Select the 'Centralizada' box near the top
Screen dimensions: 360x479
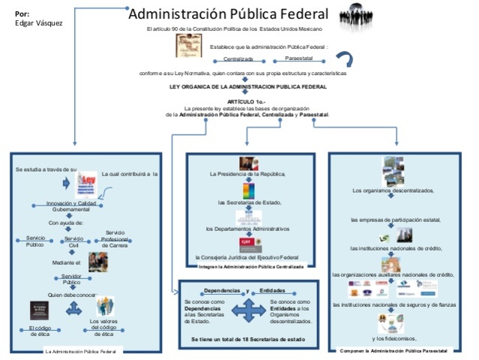pos(238,58)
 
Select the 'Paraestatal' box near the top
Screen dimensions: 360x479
pos(299,57)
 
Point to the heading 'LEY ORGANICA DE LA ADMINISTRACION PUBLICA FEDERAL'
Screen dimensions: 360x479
pos(247,87)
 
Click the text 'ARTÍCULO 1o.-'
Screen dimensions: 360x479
pos(247,101)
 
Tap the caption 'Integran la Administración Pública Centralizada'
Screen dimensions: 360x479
pos(251,266)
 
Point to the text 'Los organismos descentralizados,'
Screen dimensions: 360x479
pos(393,190)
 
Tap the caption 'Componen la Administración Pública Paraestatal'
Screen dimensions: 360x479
pos(394,351)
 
